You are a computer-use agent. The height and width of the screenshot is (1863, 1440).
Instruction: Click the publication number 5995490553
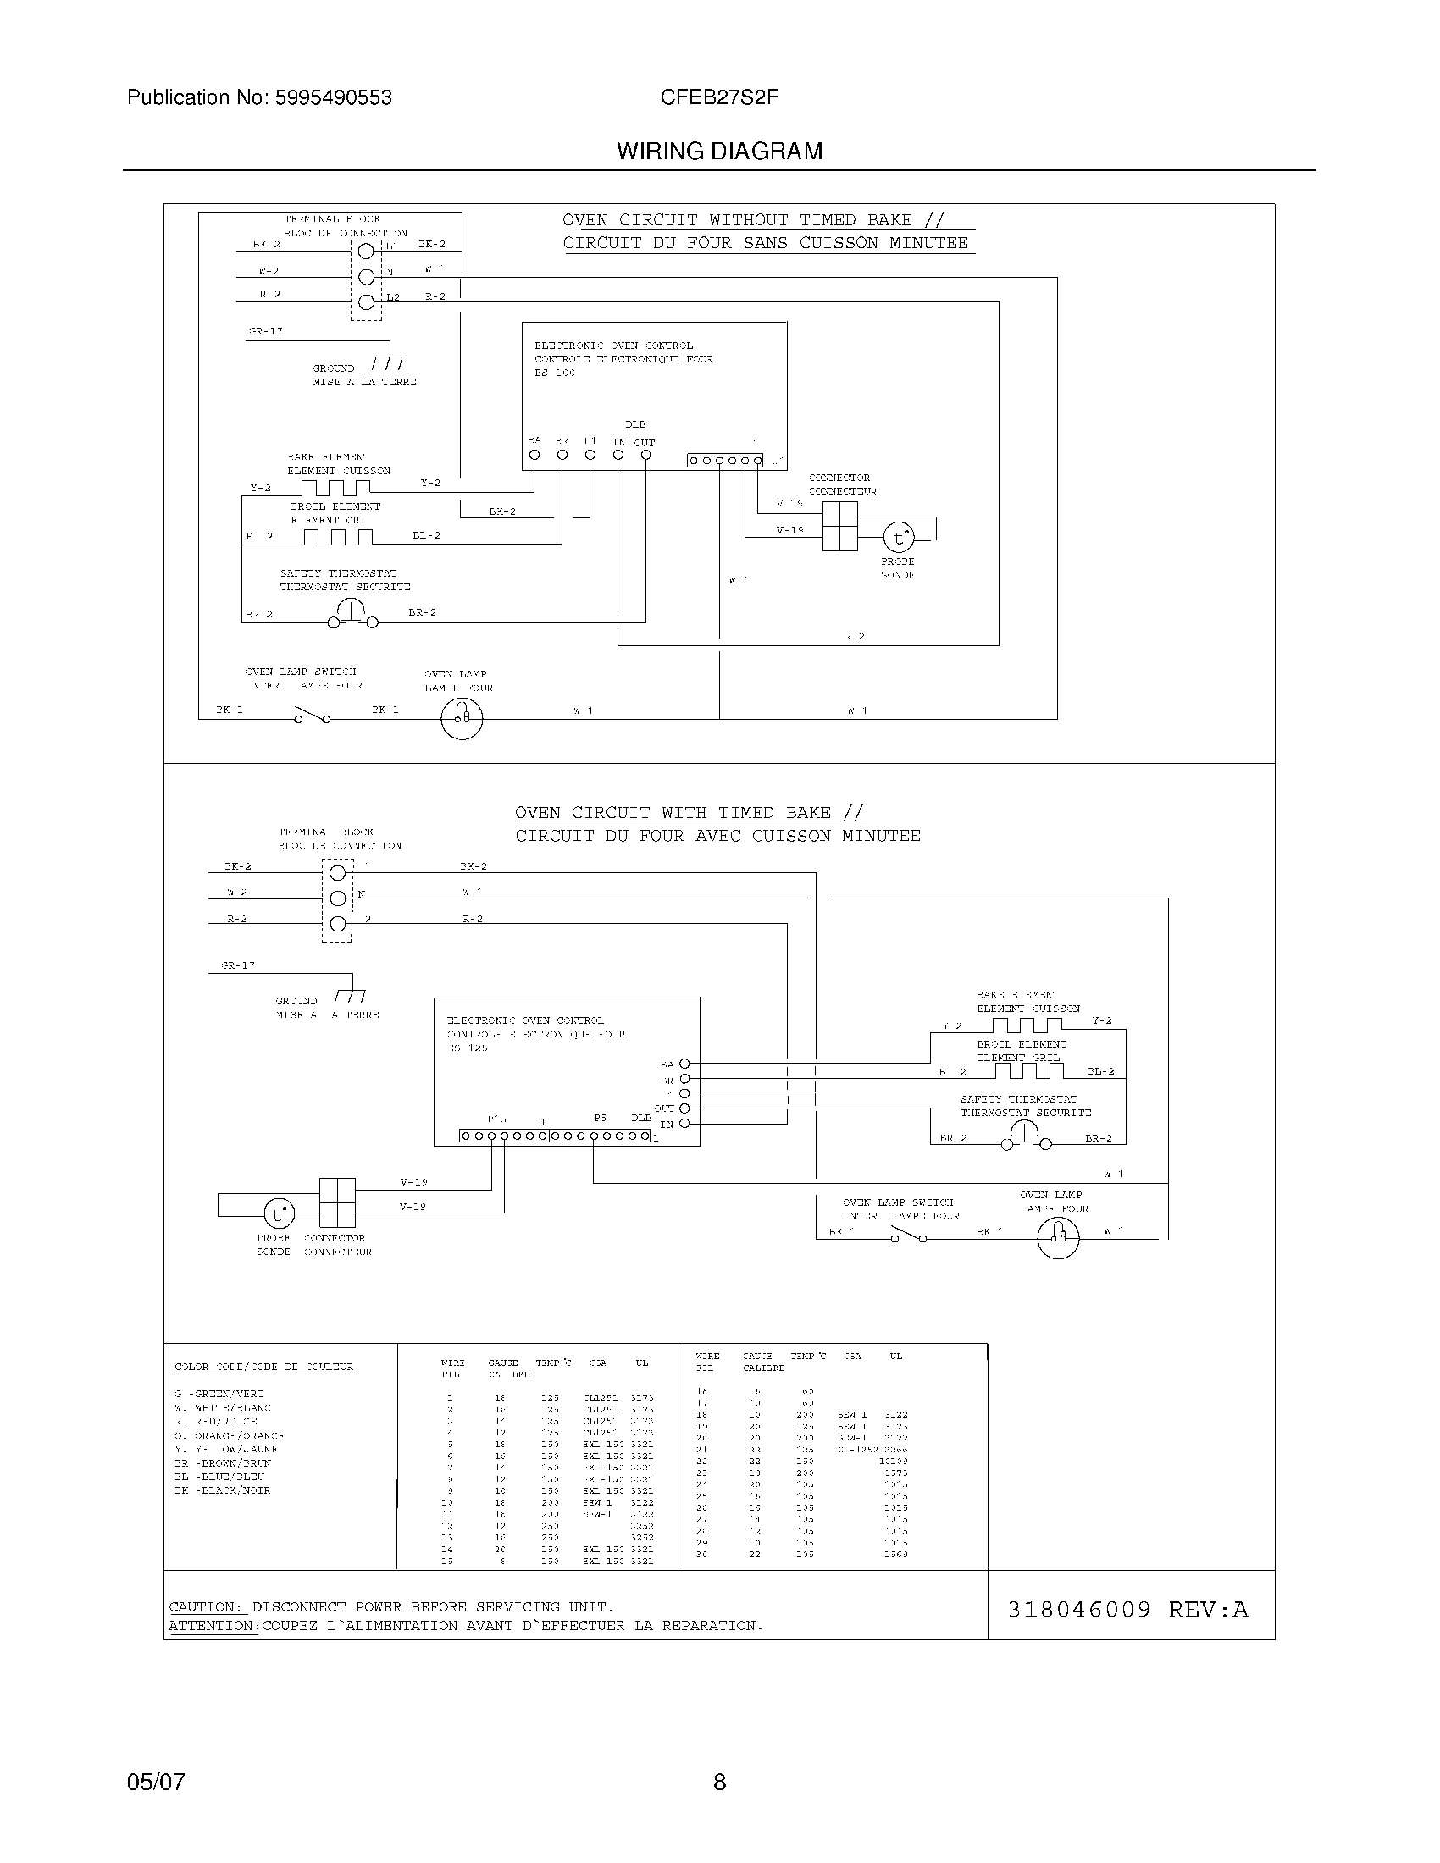[x=333, y=98]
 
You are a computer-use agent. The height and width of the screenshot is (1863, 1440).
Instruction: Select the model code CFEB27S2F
[x=719, y=97]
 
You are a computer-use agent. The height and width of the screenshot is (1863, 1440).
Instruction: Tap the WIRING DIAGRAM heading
[x=719, y=152]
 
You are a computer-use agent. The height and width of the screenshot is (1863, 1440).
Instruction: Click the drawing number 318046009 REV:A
[x=1127, y=1610]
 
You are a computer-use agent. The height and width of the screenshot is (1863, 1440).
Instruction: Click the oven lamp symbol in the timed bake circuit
[x=1058, y=1236]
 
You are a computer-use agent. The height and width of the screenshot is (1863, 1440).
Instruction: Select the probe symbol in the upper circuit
[x=897, y=539]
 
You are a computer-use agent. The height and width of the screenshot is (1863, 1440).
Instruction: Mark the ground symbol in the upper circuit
[x=388, y=363]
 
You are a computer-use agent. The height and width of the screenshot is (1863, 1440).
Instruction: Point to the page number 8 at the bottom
[x=719, y=1782]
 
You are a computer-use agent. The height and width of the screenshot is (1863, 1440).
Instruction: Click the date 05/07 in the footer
[x=155, y=1782]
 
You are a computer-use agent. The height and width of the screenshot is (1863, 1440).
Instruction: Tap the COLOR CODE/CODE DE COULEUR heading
[x=263, y=1367]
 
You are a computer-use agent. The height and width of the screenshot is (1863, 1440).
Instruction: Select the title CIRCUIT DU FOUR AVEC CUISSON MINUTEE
[x=717, y=836]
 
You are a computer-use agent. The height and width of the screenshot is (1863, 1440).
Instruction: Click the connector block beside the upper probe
[x=839, y=526]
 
